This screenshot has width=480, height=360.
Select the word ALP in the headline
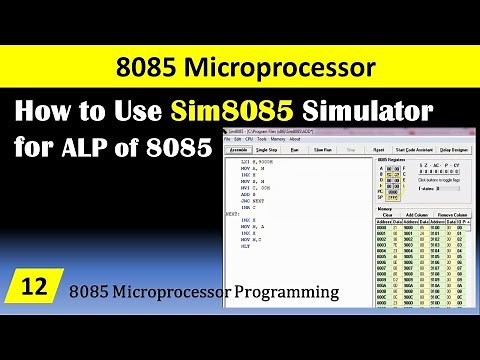[x=78, y=147]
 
